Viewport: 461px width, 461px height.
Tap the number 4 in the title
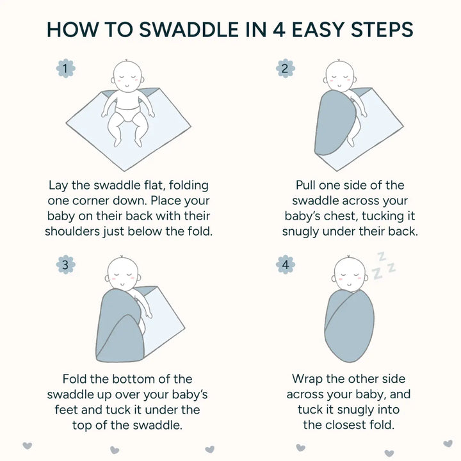pos(279,29)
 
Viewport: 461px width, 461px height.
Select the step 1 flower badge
pos(65,69)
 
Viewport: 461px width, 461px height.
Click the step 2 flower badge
pos(285,69)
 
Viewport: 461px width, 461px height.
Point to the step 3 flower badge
pos(65,264)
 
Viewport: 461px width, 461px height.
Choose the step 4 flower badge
pos(285,264)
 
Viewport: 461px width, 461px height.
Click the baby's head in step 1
pos(127,76)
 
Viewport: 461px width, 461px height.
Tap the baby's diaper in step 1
pos(128,113)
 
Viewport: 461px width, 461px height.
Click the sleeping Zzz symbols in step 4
pos(384,266)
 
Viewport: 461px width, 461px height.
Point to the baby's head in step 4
pos(350,273)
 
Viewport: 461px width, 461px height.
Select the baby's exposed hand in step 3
pos(149,315)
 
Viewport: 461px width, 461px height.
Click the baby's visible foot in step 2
pos(350,142)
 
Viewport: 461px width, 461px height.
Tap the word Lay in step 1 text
pos(58,186)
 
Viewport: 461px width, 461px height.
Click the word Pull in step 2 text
pos(306,185)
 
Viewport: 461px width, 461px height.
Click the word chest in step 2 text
pos(340,216)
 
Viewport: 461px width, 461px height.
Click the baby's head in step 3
pos(122,273)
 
